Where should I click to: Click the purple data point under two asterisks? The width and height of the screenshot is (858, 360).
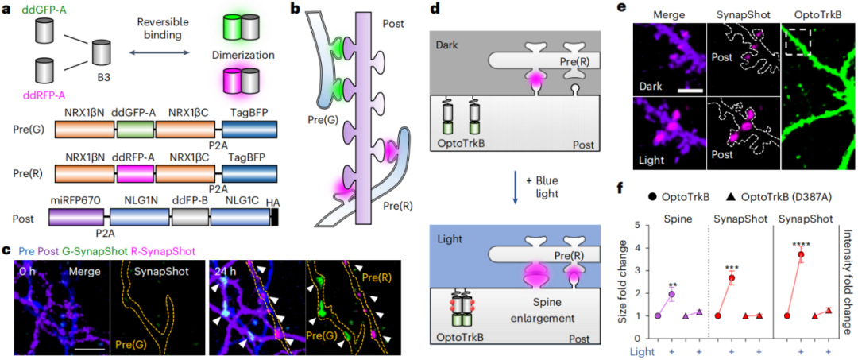tap(672, 295)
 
